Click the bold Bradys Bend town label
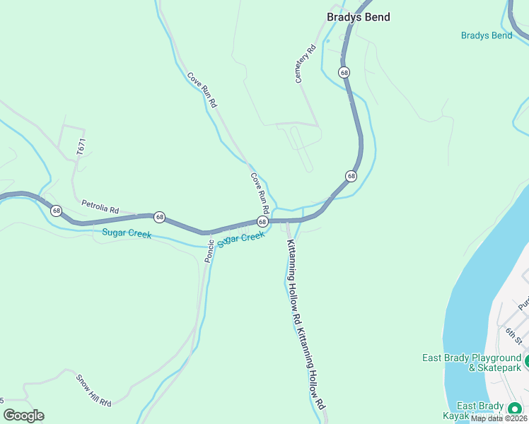tap(358, 17)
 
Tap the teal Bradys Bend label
tap(486, 35)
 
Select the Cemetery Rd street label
tap(304, 65)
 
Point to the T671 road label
tap(81, 147)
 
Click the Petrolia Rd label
tap(100, 207)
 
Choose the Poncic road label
tap(209, 251)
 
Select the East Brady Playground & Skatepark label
tap(472, 363)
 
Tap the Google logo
tap(23, 416)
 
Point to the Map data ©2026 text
tap(499, 418)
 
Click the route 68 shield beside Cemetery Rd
tap(344, 72)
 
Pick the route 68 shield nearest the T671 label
tap(57, 211)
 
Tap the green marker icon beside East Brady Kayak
tap(514, 408)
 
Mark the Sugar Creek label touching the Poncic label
tap(240, 239)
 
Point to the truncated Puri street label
tap(523, 302)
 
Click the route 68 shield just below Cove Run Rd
tap(262, 222)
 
